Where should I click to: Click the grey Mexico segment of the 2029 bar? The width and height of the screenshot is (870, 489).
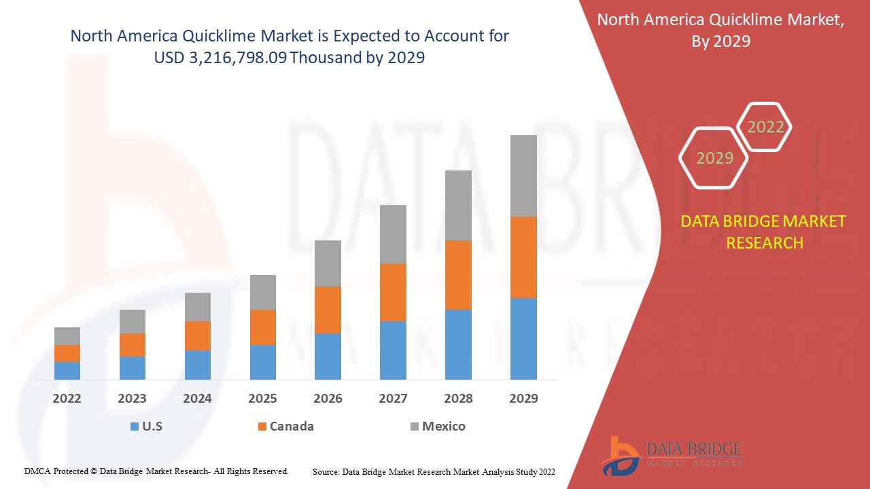click(x=523, y=175)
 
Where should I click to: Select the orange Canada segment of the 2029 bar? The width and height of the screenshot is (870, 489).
click(x=523, y=257)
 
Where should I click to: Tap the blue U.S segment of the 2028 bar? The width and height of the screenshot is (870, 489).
click(x=458, y=344)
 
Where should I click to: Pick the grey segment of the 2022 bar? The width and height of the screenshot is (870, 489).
click(x=67, y=336)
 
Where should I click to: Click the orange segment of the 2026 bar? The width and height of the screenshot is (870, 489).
click(x=328, y=310)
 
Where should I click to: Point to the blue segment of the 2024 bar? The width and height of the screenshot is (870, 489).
click(x=198, y=365)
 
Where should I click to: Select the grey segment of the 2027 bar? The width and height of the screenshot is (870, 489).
click(x=393, y=234)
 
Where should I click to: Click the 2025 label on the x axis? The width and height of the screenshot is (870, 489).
click(x=262, y=399)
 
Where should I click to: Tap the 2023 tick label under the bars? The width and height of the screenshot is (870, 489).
click(x=132, y=399)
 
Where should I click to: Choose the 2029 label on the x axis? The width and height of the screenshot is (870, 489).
click(x=523, y=399)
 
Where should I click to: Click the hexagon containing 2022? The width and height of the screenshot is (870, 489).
click(x=765, y=127)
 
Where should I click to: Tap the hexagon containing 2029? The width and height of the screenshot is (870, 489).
click(x=714, y=158)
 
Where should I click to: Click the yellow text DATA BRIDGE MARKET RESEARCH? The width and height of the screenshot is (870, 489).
click(x=764, y=232)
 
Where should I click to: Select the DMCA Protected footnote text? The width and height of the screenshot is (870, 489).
click(x=156, y=471)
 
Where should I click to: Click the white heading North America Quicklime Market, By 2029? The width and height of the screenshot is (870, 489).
click(x=720, y=31)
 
